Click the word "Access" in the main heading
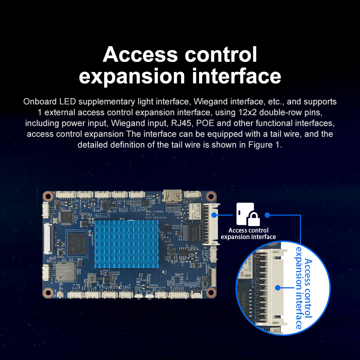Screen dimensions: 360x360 pos(140,55)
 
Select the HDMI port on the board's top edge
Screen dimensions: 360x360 pos(171,196)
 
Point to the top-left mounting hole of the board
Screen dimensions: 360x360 pos(48,196)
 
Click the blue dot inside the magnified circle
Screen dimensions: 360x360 pos(277,288)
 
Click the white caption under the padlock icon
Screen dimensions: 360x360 pos(248,234)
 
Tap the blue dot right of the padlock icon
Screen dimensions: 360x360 pos(267,215)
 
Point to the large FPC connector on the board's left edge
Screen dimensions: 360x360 pos(48,238)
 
